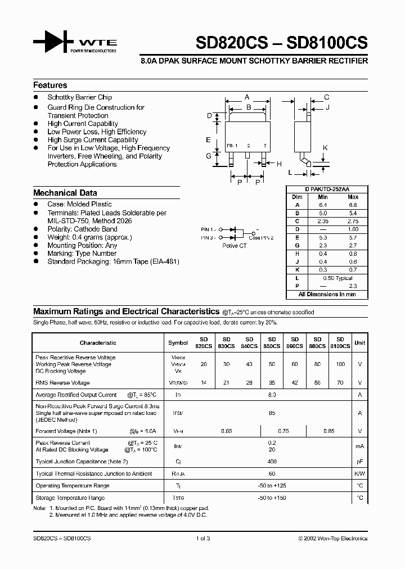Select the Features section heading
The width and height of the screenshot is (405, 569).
pyautogui.click(x=50, y=85)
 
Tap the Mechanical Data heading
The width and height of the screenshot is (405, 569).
pyautogui.click(x=65, y=193)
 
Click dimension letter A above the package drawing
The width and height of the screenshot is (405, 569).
pyautogui.click(x=247, y=97)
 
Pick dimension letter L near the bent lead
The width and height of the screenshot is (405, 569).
pyautogui.click(x=290, y=173)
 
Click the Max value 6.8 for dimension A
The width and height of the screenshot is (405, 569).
pyautogui.click(x=352, y=205)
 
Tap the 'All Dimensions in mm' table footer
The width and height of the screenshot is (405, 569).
pyautogui.click(x=327, y=294)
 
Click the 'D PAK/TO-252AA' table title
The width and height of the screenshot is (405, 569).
pyautogui.click(x=327, y=189)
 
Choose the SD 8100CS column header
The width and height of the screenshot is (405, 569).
pyautogui.click(x=340, y=343)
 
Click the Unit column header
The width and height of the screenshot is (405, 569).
pyautogui.click(x=359, y=342)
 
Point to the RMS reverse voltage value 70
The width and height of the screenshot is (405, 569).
pyautogui.click(x=340, y=383)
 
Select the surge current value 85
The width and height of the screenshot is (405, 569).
pyautogui.click(x=272, y=413)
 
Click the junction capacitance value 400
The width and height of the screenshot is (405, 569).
pyautogui.click(x=272, y=461)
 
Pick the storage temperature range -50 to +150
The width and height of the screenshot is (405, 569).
pyautogui.click(x=272, y=498)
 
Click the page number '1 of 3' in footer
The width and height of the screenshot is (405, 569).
pyautogui.click(x=202, y=538)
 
